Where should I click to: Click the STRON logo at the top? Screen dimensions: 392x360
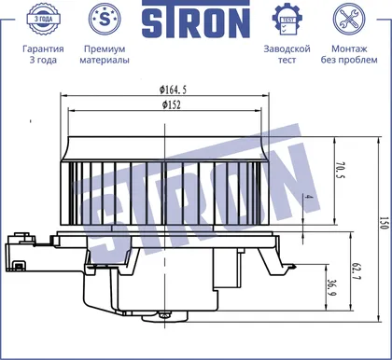click(x=196, y=20)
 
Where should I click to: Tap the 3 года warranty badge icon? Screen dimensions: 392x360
click(x=43, y=19)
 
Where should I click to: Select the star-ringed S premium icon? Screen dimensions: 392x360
click(x=105, y=19)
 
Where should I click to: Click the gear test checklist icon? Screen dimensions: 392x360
click(x=287, y=19)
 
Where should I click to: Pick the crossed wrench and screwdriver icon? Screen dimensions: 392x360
click(x=349, y=19)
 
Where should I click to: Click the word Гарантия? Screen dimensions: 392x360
click(x=43, y=48)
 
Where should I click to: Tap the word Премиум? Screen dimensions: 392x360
click(x=105, y=48)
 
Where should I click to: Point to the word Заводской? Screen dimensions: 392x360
click(x=287, y=48)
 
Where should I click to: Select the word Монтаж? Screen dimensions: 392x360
click(x=349, y=48)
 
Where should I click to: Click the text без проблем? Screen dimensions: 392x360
click(x=349, y=60)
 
